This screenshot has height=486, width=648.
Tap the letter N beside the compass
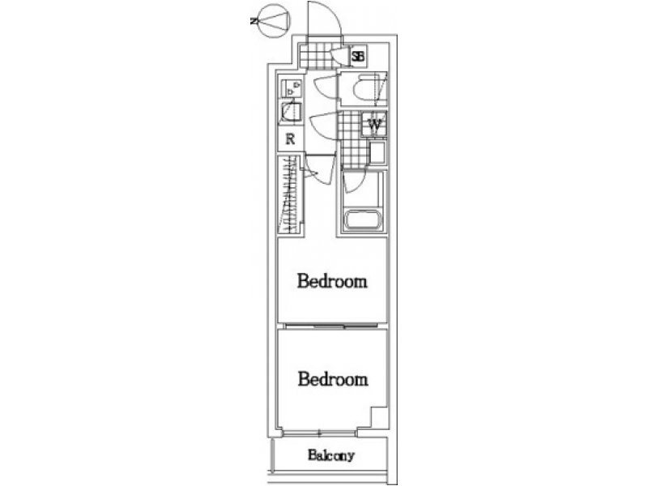pyautogui.click(x=254, y=21)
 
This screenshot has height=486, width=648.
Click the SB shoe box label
pyautogui.click(x=358, y=56)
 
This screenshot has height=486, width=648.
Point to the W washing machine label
pyautogui.click(x=375, y=124)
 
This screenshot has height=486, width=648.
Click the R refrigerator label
pyautogui.click(x=291, y=139)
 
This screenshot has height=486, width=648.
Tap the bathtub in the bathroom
pyautogui.click(x=362, y=220)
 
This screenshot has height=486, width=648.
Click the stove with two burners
pyautogui.click(x=292, y=87)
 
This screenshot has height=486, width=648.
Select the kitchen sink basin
pyautogui.click(x=291, y=112)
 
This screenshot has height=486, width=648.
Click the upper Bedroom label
pyautogui.click(x=332, y=281)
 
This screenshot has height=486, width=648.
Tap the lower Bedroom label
pyautogui.click(x=333, y=379)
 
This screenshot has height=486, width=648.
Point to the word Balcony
pyautogui.click(x=331, y=455)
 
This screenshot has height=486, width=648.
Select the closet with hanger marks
pyautogui.click(x=289, y=194)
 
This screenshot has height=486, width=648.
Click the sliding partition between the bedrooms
pyautogui.click(x=332, y=326)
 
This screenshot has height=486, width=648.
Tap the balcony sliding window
pyautogui.click(x=319, y=433)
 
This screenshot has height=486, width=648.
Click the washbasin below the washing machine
pyautogui.click(x=377, y=153)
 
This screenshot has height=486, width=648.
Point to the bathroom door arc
pyautogui.click(x=354, y=182)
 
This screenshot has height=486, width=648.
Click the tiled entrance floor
pyautogui.click(x=316, y=57)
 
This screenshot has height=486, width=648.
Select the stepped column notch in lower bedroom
pyautogui.click(x=378, y=417)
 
